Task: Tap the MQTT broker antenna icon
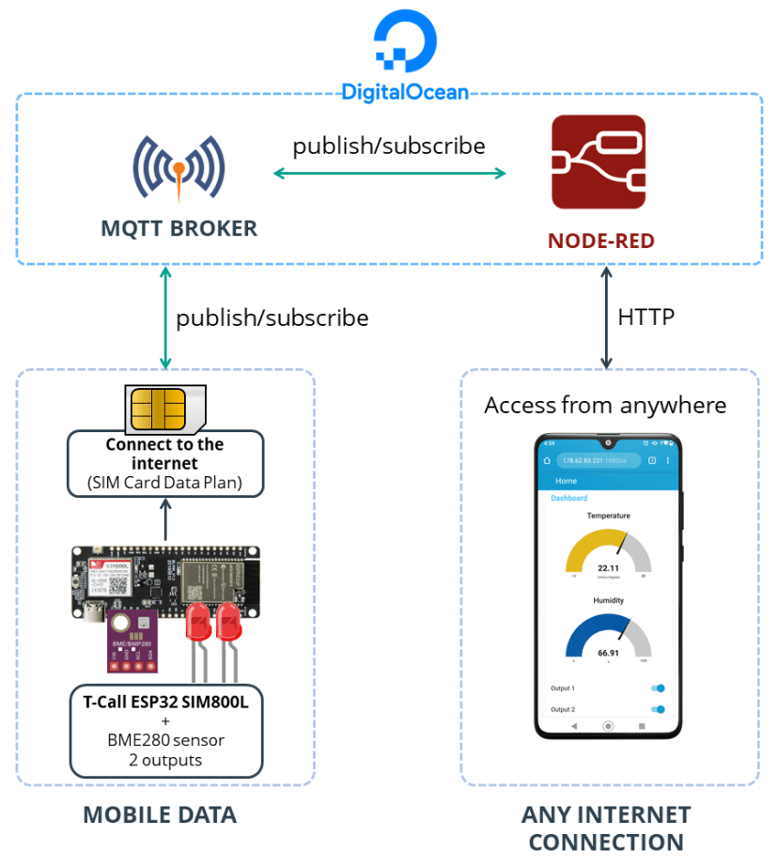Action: [x=179, y=169]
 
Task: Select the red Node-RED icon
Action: [x=599, y=162]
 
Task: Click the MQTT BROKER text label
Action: [x=179, y=229]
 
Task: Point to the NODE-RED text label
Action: [x=600, y=241]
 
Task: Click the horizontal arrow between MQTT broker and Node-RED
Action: [x=389, y=173]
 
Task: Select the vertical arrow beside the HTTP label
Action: [x=606, y=317]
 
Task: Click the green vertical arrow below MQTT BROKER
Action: [x=165, y=317]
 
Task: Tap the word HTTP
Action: [x=646, y=317]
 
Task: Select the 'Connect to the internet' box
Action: [x=164, y=463]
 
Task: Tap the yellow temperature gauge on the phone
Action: [x=608, y=554]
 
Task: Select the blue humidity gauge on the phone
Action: [x=608, y=639]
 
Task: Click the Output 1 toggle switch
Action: [x=658, y=688]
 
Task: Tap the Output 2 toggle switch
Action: [x=658, y=710]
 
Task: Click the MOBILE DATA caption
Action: [x=160, y=814]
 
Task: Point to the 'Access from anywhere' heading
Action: [x=605, y=405]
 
